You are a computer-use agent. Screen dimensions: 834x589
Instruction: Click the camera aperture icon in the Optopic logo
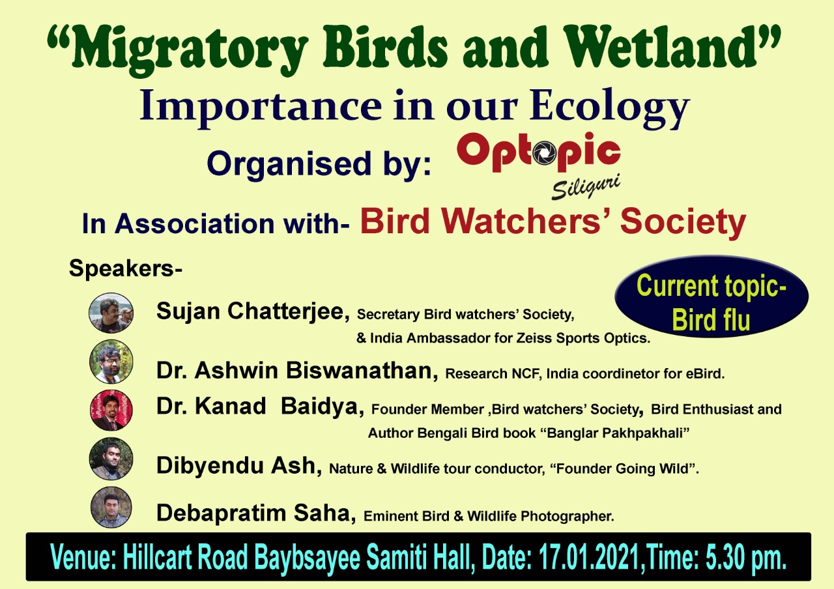click(544, 153)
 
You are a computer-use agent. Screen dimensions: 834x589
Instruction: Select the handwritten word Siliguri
click(586, 186)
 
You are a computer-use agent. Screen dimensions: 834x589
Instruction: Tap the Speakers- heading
click(126, 268)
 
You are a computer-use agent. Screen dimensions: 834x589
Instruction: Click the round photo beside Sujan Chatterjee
click(111, 313)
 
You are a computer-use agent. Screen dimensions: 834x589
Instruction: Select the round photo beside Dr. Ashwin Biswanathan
click(111, 362)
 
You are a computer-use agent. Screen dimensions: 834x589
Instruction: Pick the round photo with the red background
click(111, 410)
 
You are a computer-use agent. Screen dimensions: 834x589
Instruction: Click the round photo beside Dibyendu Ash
click(111, 459)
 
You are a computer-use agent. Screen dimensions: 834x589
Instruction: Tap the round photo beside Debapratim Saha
click(111, 507)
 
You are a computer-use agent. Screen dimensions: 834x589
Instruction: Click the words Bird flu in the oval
click(711, 319)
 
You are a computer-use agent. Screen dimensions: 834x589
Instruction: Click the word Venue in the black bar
click(83, 557)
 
